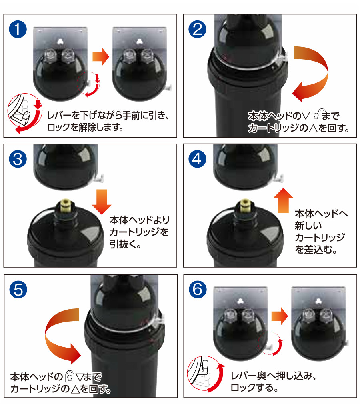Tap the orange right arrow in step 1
click(100, 57)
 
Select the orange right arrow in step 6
click(280, 316)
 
